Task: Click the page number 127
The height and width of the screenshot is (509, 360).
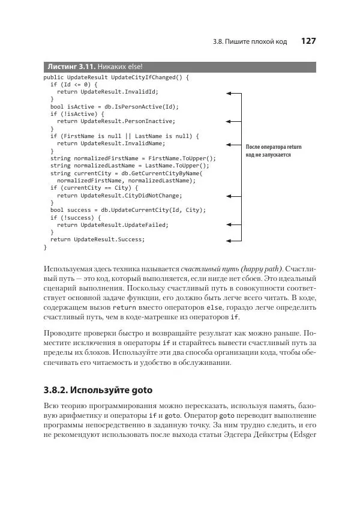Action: [x=308, y=41]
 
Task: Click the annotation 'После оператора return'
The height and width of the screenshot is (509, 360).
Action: [x=274, y=147]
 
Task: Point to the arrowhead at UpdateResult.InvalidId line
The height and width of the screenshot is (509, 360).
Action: [x=229, y=93]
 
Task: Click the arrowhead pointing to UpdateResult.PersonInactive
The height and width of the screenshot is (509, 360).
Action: [x=229, y=122]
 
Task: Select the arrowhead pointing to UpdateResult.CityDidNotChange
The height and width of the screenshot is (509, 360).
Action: [x=229, y=196]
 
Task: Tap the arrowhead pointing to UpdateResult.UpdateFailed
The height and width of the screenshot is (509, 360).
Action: [x=229, y=225]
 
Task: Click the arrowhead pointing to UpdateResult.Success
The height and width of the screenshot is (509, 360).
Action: [x=229, y=239]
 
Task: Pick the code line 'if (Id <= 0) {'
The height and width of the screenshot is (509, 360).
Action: [x=73, y=85]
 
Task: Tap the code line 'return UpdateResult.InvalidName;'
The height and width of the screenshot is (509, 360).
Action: [x=111, y=144]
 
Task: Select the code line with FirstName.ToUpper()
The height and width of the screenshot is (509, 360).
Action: [x=133, y=158]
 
